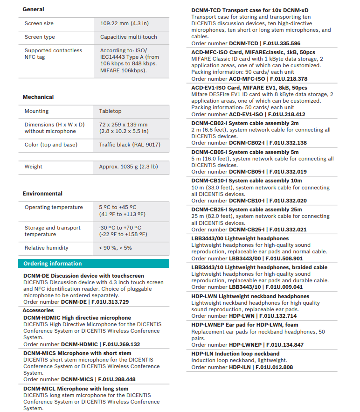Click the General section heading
pos(34,9)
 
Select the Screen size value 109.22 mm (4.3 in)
pos(125,23)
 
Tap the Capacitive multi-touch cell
pos(129,37)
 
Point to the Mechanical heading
pos(38,97)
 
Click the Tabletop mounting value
pos(110,111)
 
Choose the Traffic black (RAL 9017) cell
pos(130,145)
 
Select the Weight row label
pos(34,167)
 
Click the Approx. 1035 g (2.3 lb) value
pos(128,167)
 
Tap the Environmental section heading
pos(42,194)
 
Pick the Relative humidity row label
pos(47,248)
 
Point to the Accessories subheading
pos(38,310)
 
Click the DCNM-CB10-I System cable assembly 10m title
pos(247,181)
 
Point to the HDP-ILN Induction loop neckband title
pos(235,354)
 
